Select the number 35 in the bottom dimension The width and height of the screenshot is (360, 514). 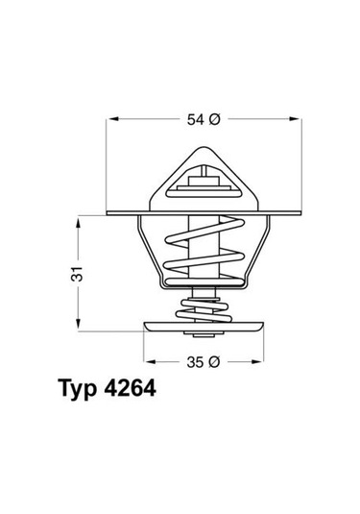(194, 362)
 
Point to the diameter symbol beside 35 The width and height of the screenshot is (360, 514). (215, 362)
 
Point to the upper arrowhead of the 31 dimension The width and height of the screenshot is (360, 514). (79, 218)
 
